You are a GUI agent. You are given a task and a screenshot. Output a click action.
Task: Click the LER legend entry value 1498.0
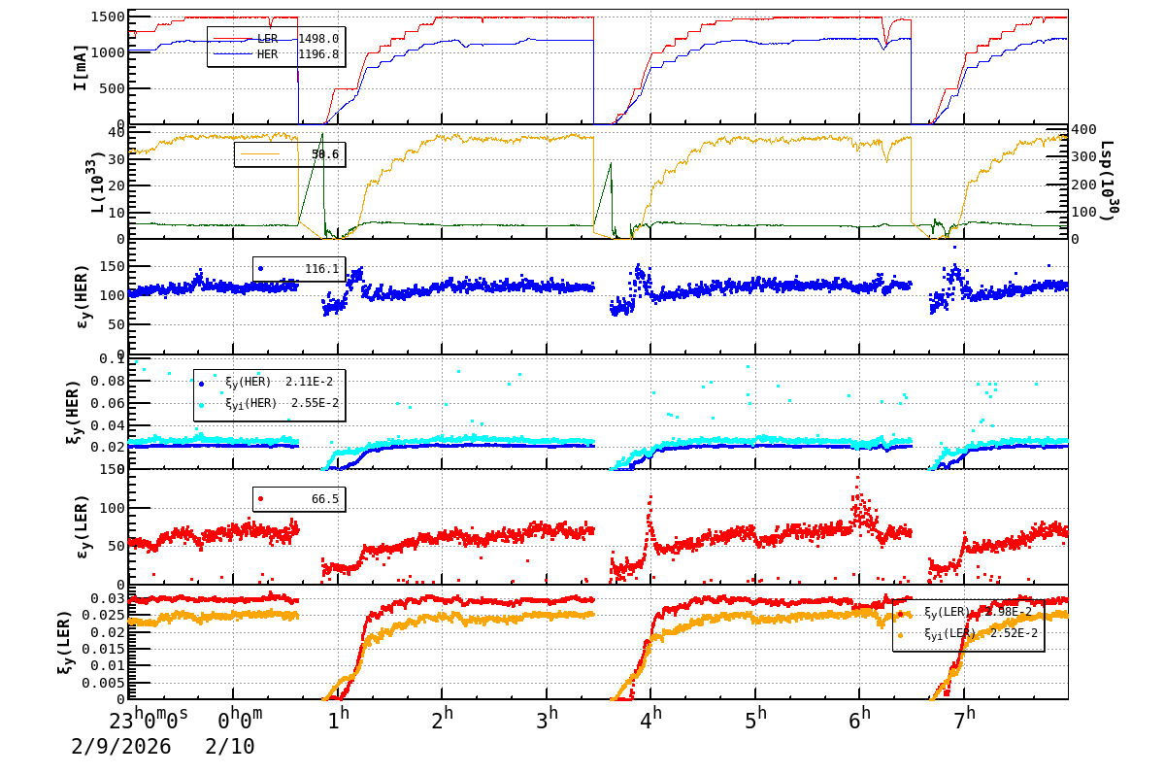pyautogui.click(x=318, y=39)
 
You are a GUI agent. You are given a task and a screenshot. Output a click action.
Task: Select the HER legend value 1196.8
pyautogui.click(x=318, y=54)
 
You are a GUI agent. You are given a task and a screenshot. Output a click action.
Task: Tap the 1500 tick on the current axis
pyautogui.click(x=104, y=17)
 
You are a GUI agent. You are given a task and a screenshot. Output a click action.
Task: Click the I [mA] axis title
pyautogui.click(x=81, y=68)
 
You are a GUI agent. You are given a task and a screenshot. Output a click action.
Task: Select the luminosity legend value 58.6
pyautogui.click(x=325, y=154)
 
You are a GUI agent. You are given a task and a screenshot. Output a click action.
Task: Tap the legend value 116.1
pyautogui.click(x=321, y=268)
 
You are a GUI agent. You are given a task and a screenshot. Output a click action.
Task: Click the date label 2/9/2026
pyautogui.click(x=120, y=747)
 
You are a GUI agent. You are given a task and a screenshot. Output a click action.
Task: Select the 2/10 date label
pyautogui.click(x=230, y=747)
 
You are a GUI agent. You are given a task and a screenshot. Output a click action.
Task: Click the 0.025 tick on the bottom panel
pyautogui.click(x=108, y=616)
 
